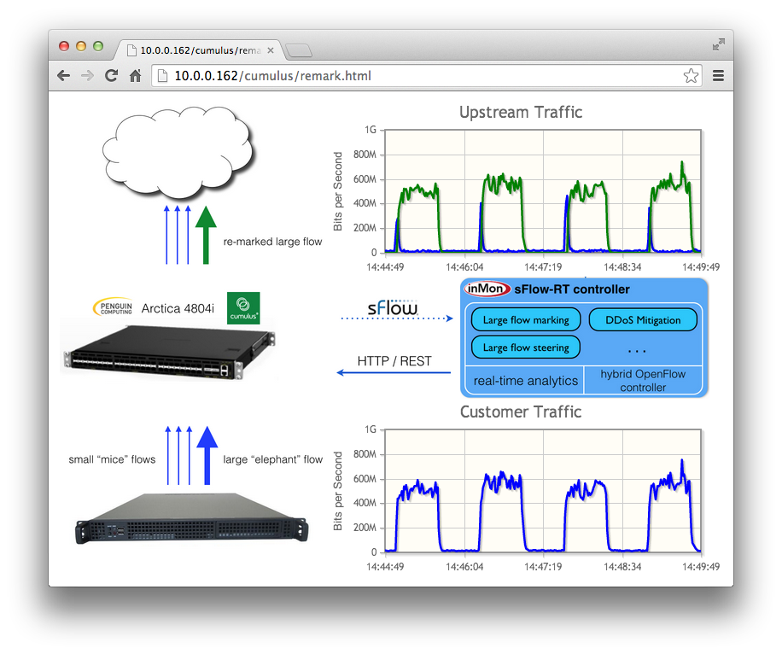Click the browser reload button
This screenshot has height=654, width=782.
pos(111,76)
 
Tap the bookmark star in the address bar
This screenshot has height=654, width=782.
pos(691,76)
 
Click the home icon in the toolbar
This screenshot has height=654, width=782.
pos(135,76)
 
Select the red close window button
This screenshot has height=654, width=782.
pos(64,46)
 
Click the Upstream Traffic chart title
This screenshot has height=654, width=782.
pos(521,112)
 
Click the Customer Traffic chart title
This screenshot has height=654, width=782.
pos(521,412)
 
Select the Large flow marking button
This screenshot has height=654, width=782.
pos(526,320)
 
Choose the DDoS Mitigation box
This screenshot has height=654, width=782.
pos(643,320)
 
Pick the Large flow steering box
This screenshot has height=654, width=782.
pos(526,347)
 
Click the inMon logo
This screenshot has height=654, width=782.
pos(487,289)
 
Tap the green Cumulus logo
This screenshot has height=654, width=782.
pos(243,308)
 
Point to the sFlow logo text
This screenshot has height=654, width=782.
pos(393,307)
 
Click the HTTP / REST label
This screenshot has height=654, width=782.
pos(394,361)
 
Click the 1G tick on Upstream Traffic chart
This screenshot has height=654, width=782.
pos(371,130)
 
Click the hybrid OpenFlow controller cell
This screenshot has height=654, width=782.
pos(643,381)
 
